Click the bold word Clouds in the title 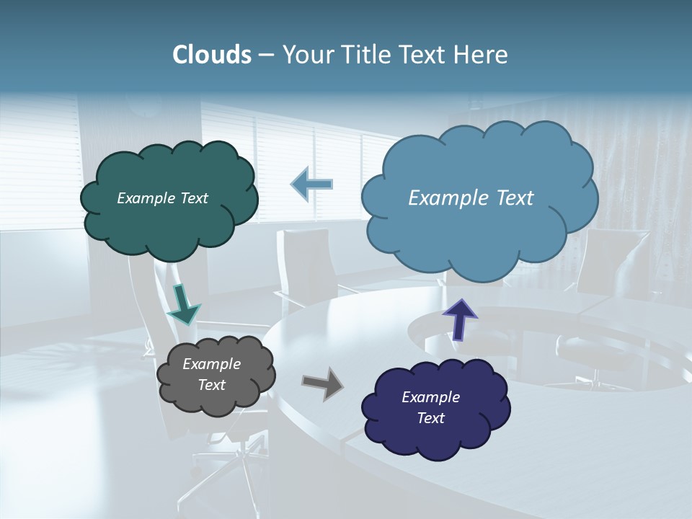pyautogui.click(x=211, y=55)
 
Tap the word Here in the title pyautogui.click(x=482, y=55)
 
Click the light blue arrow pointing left pyautogui.click(x=311, y=185)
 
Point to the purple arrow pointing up pyautogui.click(x=459, y=318)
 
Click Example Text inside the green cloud pyautogui.click(x=162, y=198)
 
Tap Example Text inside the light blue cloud pyautogui.click(x=471, y=198)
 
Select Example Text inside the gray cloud pyautogui.click(x=211, y=375)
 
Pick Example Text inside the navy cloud pyautogui.click(x=430, y=407)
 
